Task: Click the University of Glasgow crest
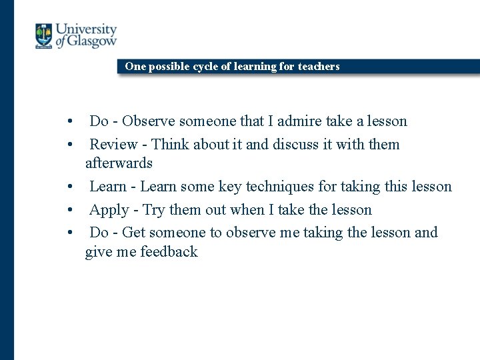coord(44,36)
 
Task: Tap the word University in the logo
coord(86,29)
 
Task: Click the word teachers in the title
coord(319,66)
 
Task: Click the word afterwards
coord(119,163)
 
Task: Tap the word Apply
coord(109,210)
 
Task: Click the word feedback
coord(169,252)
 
